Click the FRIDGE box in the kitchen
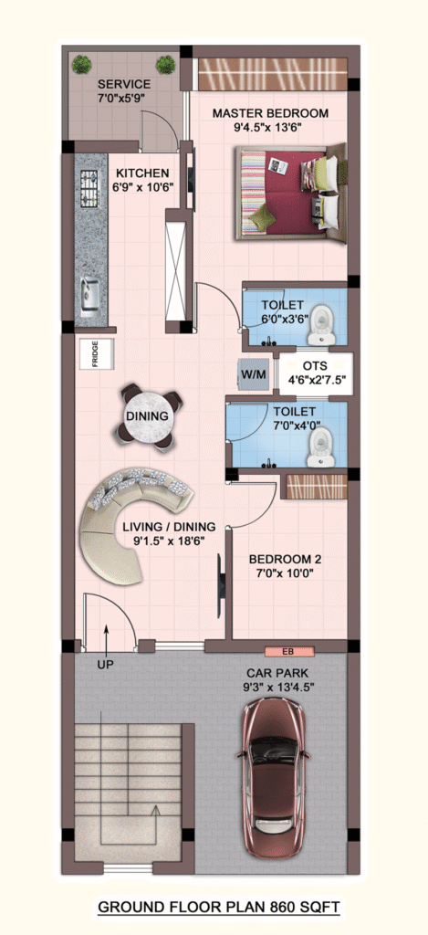pyautogui.click(x=97, y=354)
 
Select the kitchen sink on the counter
pyautogui.click(x=90, y=297)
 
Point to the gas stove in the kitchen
pyautogui.click(x=89, y=187)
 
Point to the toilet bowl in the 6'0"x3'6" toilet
pyautogui.click(x=320, y=323)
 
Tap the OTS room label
pyautogui.click(x=315, y=365)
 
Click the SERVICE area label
pyautogui.click(x=124, y=84)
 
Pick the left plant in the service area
pyautogui.click(x=81, y=64)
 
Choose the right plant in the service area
pyautogui.click(x=166, y=65)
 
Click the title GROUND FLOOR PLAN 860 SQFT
pyautogui.click(x=219, y=908)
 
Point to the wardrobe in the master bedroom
pyautogui.click(x=273, y=74)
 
